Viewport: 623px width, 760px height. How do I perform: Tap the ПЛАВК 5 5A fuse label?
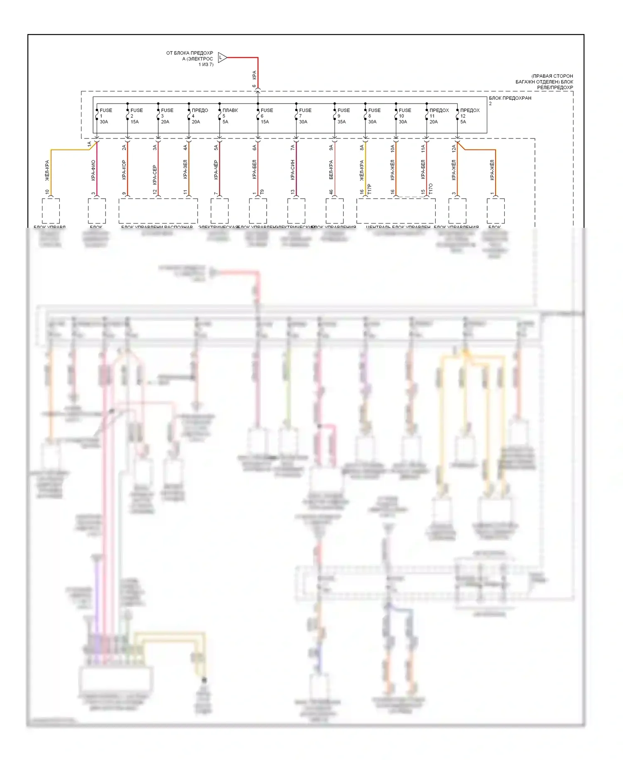point(230,116)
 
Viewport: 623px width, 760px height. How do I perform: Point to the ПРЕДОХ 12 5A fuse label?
point(469,116)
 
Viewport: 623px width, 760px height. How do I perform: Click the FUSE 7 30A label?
point(304,116)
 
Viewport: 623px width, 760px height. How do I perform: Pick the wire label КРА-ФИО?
point(93,170)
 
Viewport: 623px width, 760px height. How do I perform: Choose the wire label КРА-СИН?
point(293,170)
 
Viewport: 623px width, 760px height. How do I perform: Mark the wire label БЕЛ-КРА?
point(331,170)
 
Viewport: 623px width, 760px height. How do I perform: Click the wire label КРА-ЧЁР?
point(216,170)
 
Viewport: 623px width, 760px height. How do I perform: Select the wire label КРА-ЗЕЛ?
point(185,170)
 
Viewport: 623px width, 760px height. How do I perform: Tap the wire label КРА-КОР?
point(124,170)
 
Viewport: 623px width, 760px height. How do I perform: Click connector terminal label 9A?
point(331,148)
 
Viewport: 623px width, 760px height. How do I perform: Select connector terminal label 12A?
point(454,148)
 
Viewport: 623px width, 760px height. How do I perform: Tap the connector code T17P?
point(369,189)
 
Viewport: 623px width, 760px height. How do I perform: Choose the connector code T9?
point(262,192)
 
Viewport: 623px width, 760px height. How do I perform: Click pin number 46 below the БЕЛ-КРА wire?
point(331,192)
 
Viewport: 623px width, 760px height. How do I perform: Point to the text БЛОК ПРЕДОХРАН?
point(510,98)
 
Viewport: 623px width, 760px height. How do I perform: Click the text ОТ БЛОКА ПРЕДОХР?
point(189,53)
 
